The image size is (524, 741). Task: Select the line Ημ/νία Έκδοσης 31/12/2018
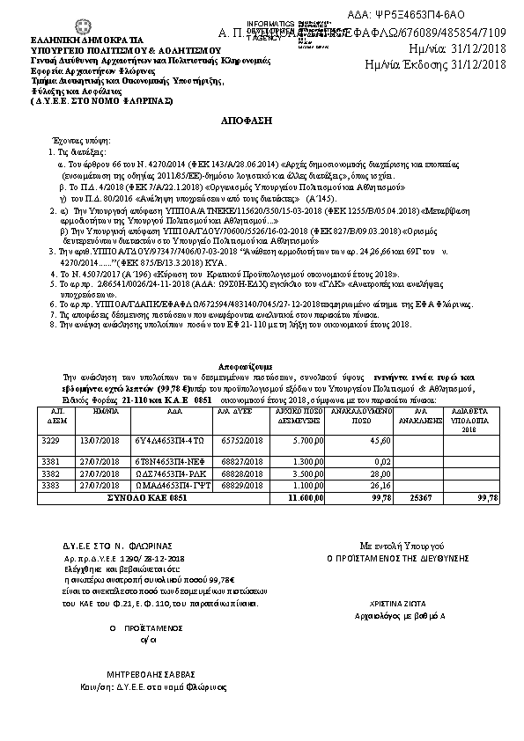tap(436, 63)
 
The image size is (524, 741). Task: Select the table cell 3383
tap(51, 485)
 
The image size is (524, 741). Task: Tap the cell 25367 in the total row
tap(421, 497)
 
